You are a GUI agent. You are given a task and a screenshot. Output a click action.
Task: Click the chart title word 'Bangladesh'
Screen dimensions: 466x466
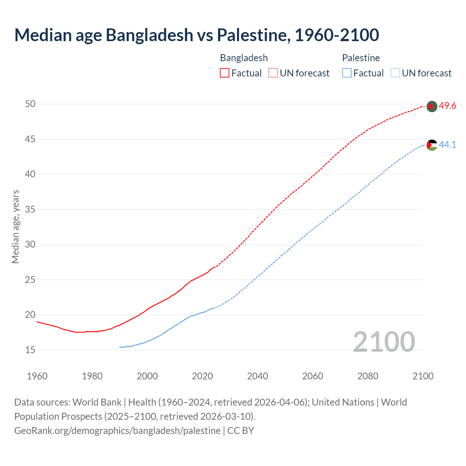click(x=149, y=35)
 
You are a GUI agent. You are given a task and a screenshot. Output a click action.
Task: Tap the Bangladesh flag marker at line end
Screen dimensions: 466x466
click(x=431, y=106)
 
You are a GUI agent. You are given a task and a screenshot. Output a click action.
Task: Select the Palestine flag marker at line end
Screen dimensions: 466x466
click(x=431, y=145)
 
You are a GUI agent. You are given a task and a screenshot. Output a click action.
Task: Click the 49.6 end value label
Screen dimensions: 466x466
click(x=447, y=106)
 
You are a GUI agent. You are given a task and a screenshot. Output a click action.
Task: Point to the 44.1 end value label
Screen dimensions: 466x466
click(x=447, y=145)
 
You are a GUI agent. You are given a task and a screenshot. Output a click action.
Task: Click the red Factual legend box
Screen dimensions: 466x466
click(x=225, y=73)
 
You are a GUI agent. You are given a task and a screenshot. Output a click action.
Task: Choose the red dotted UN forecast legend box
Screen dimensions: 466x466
click(x=273, y=73)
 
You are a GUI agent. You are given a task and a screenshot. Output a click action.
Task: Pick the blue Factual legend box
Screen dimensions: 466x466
click(x=347, y=73)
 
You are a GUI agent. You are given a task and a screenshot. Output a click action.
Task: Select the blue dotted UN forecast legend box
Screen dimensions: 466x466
click(x=395, y=73)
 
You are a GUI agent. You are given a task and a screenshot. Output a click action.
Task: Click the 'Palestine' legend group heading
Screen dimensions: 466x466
click(x=361, y=58)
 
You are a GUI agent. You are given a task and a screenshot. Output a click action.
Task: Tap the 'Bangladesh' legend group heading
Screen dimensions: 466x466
click(x=244, y=58)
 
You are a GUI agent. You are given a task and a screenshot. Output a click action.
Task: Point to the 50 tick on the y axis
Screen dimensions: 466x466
click(x=30, y=104)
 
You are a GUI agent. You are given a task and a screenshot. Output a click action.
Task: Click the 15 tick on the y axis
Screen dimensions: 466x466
click(x=30, y=350)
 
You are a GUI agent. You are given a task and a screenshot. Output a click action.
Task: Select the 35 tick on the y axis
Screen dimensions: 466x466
click(x=30, y=209)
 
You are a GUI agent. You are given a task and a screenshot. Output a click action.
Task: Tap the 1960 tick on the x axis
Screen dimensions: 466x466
click(x=37, y=376)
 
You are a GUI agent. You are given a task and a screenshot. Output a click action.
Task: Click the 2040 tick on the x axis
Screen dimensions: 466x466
click(x=257, y=376)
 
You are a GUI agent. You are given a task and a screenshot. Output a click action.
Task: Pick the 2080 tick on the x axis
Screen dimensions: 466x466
click(x=368, y=376)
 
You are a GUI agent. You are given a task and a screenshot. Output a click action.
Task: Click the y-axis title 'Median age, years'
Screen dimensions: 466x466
click(x=15, y=226)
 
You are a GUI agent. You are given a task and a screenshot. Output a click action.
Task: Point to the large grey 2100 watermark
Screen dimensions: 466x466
click(x=384, y=342)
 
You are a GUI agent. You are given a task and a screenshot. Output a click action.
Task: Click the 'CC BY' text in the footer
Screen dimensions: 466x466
click(x=240, y=431)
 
